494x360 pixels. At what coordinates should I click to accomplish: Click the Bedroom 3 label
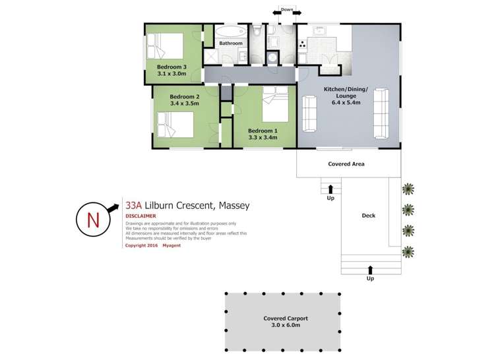[x=171, y=67]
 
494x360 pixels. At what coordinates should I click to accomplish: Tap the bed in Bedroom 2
[x=175, y=123]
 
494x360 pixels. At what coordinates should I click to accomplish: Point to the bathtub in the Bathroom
[x=231, y=32]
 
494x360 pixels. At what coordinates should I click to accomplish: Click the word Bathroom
[x=231, y=44]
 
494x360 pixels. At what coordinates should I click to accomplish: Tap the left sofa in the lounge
[x=309, y=113]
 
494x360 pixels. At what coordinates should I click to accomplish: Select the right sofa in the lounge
[x=381, y=113]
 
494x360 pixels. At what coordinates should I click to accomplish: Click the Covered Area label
[x=346, y=164]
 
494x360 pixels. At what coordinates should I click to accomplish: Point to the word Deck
[x=369, y=216]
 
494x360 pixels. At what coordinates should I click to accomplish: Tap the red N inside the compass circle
[x=93, y=221]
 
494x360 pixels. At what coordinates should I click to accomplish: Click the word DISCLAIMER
[x=140, y=216]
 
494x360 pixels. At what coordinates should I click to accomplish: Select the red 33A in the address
[x=134, y=206]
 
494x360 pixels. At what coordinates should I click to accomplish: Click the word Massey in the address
[x=232, y=206]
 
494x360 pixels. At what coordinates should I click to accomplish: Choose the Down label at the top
[x=287, y=10]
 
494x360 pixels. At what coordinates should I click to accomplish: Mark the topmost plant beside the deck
[x=409, y=189]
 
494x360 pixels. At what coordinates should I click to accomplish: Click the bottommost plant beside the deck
[x=409, y=251]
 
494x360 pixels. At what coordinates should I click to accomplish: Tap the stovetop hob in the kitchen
[x=303, y=44]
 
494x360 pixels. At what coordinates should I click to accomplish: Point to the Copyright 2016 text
[x=142, y=245]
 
